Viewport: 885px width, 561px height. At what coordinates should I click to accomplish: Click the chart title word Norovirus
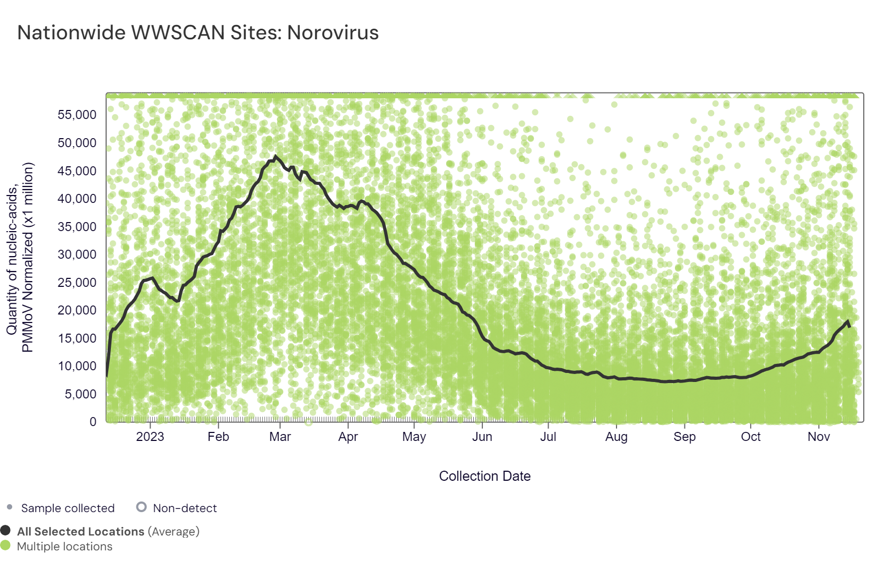[x=333, y=33]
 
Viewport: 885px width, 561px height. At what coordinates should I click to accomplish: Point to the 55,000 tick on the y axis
[x=77, y=115]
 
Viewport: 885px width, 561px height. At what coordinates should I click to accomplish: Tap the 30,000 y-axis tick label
[x=77, y=254]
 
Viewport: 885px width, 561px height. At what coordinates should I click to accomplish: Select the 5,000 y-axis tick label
[x=81, y=394]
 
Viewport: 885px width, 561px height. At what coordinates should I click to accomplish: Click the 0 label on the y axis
[x=93, y=422]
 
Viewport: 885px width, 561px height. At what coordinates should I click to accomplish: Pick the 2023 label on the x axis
[x=150, y=437]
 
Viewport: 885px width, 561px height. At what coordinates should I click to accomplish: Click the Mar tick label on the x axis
[x=280, y=437]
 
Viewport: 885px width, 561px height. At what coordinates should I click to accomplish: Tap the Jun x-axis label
[x=482, y=437]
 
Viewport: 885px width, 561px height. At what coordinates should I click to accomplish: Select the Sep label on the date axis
[x=684, y=437]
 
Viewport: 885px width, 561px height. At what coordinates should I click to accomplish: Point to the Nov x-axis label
[x=819, y=437]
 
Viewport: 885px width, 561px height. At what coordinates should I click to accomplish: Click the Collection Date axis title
[x=484, y=476]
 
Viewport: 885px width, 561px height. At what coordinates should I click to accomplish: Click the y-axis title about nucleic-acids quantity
[x=20, y=258]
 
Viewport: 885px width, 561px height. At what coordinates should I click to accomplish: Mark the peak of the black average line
[x=275, y=156]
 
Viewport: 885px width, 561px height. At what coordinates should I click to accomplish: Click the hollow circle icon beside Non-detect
[x=141, y=507]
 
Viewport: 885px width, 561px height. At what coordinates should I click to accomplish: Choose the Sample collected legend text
[x=67, y=508]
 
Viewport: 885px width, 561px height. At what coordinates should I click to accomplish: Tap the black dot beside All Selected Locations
[x=5, y=530]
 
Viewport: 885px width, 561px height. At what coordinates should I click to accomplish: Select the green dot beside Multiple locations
[x=5, y=545]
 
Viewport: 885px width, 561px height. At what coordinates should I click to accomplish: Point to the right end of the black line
[x=850, y=326]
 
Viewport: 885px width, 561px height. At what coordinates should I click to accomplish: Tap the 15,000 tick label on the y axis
[x=77, y=338]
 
